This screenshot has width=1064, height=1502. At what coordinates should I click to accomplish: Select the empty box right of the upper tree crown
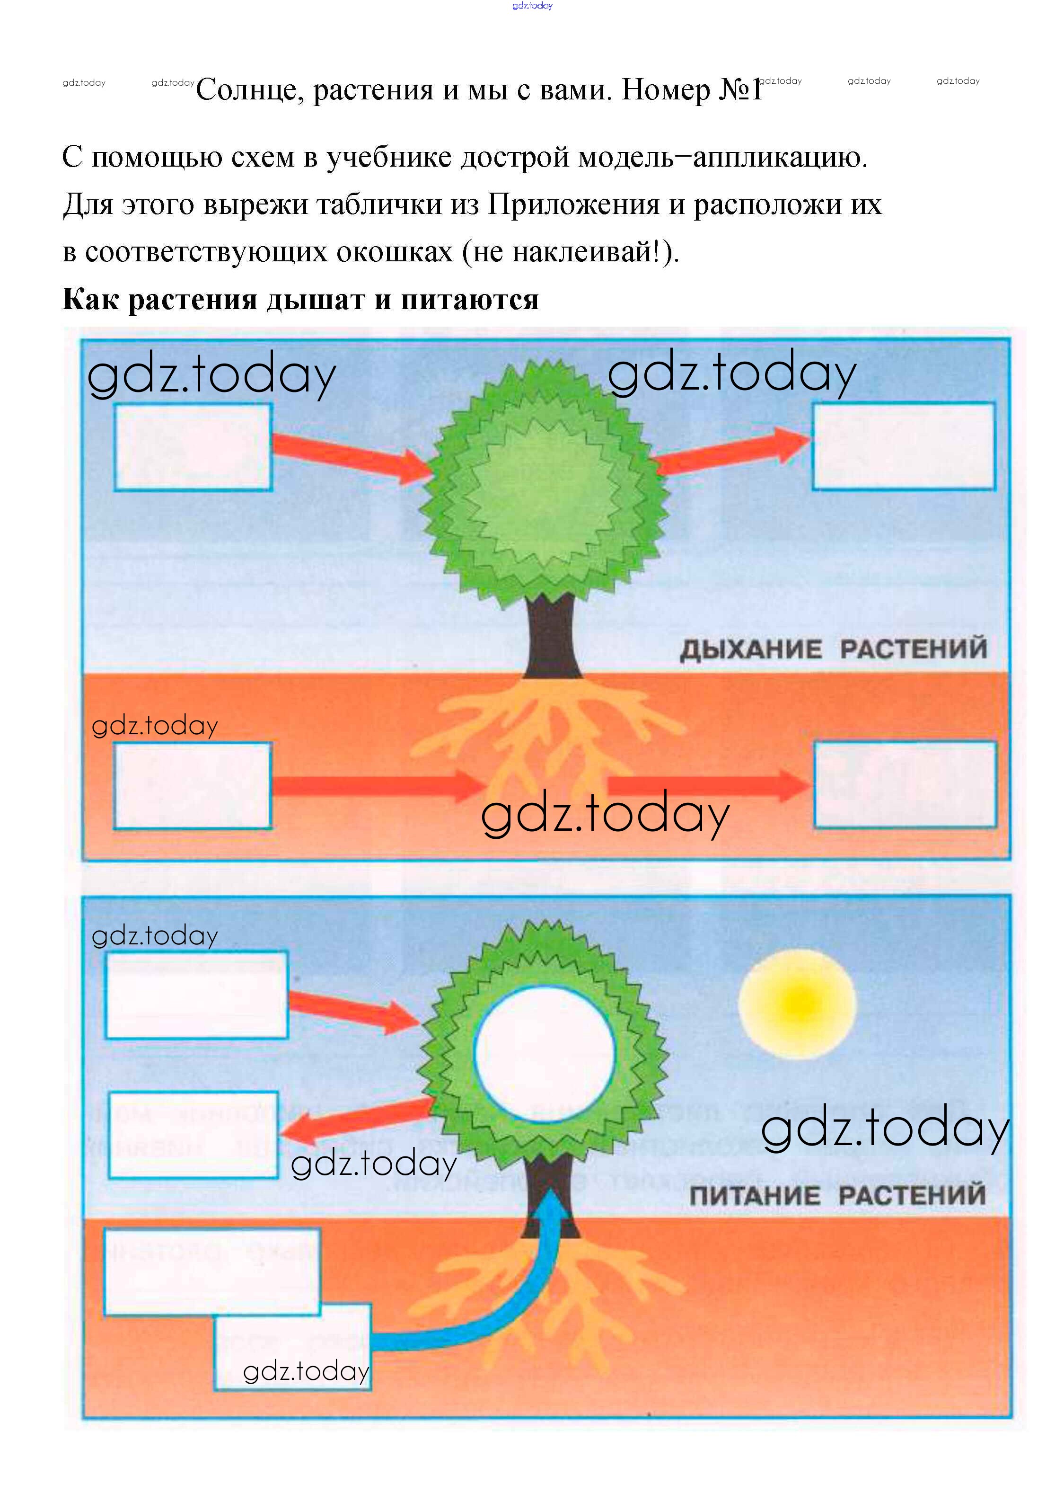pyautogui.click(x=904, y=446)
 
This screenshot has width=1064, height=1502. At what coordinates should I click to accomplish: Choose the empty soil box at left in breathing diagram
pyautogui.click(x=193, y=785)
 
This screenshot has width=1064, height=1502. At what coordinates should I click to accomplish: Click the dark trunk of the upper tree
pyautogui.click(x=552, y=635)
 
